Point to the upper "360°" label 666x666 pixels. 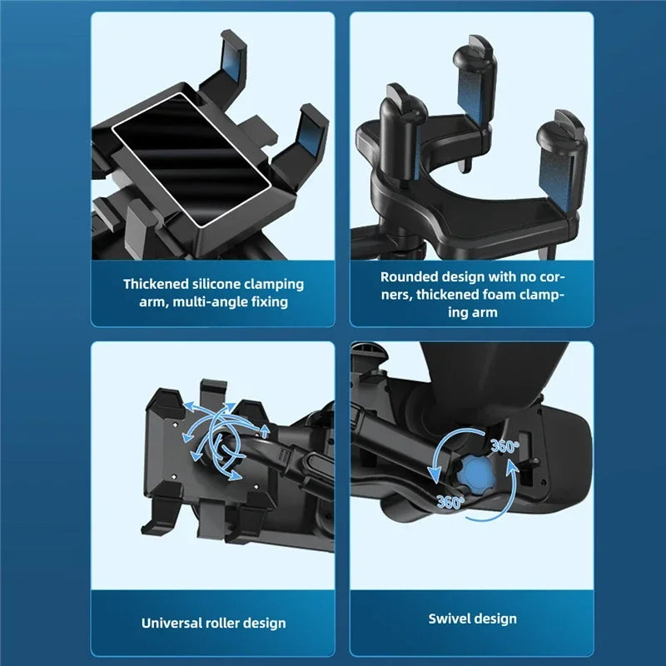504,446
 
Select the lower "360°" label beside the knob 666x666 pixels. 450,502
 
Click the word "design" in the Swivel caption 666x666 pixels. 496,619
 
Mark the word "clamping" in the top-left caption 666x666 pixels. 276,284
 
